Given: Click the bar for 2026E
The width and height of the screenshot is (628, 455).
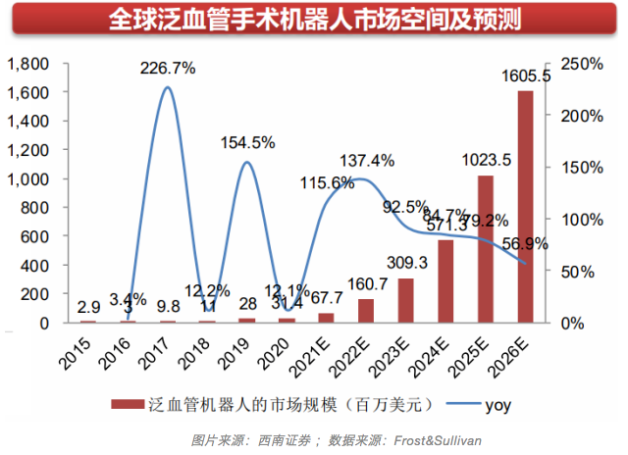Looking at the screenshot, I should [x=526, y=207].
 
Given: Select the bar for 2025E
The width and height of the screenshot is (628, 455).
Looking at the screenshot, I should [x=486, y=249].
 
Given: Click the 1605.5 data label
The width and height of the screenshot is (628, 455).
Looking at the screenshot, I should [x=530, y=75].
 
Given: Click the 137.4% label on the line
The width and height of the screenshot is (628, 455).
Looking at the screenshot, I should [x=367, y=160].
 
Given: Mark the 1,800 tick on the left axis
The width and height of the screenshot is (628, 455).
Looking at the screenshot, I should [x=28, y=64].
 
